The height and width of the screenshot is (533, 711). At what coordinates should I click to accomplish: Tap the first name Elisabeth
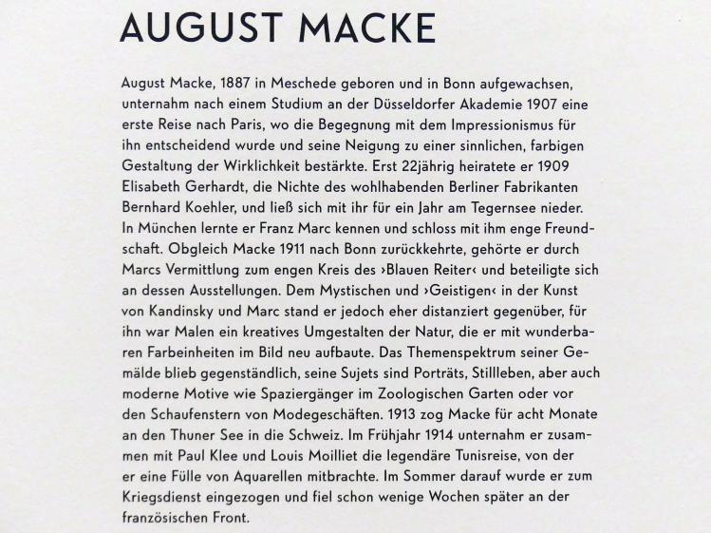(154, 187)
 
